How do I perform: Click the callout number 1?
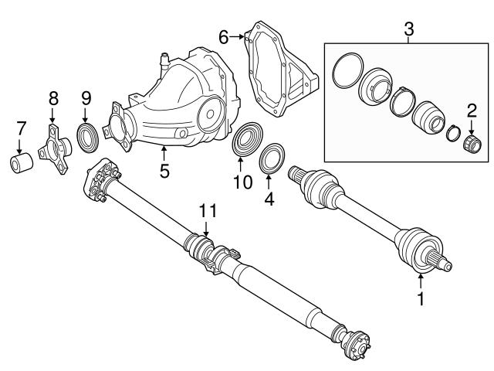(421, 298)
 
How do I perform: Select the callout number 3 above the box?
(409, 31)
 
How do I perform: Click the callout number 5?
(164, 170)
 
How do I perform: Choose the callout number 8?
(53, 98)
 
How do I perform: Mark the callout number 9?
(86, 98)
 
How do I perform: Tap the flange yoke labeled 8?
(56, 145)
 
